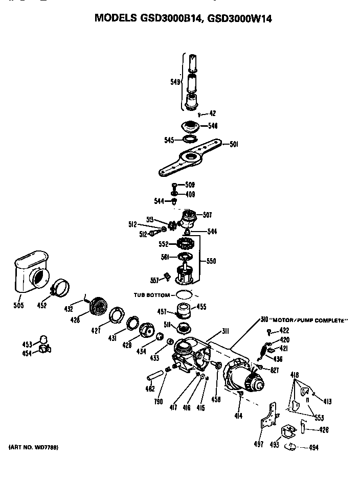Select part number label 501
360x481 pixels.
(234, 144)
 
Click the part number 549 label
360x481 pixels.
(174, 81)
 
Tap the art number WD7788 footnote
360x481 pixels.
(34, 448)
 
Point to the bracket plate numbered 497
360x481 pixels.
(267, 417)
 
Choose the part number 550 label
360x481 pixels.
(211, 261)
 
